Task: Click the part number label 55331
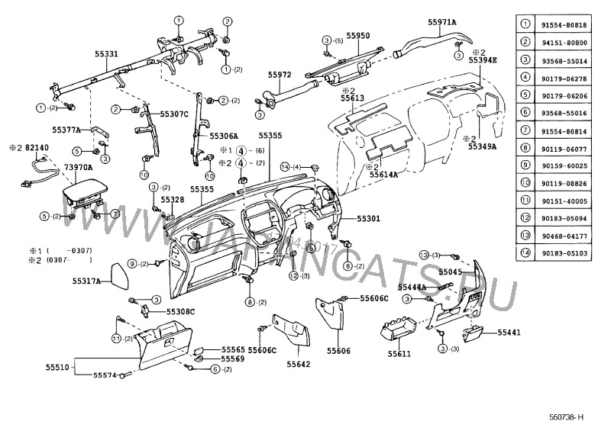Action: pyautogui.click(x=106, y=54)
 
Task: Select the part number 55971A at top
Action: pyautogui.click(x=441, y=23)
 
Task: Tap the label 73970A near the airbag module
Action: pyautogui.click(x=78, y=166)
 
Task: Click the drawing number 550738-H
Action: pyautogui.click(x=567, y=416)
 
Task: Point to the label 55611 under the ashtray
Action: pyautogui.click(x=399, y=354)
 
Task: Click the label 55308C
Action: pyautogui.click(x=182, y=312)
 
